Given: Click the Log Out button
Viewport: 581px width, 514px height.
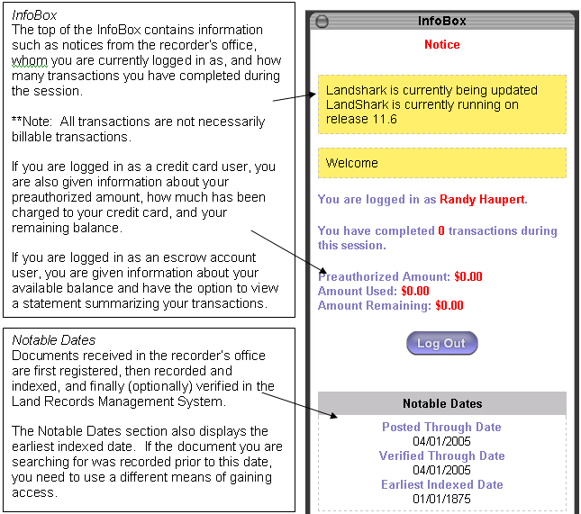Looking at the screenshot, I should tap(441, 343).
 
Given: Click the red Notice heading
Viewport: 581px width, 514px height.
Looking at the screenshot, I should tap(441, 44).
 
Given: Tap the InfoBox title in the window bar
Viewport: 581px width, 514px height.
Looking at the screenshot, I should tap(441, 21).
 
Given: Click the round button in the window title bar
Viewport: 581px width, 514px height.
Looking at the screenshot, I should tap(322, 21).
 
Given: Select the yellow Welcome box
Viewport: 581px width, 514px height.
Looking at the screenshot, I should tap(441, 163).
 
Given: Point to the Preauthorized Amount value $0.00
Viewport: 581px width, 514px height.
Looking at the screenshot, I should tap(468, 276).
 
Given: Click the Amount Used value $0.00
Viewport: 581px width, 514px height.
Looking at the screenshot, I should tap(415, 291).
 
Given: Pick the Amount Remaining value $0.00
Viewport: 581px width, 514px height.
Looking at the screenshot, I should tap(449, 305).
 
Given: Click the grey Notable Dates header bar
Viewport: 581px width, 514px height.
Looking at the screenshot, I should tap(441, 403).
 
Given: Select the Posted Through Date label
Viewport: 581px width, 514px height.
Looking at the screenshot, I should tap(441, 427).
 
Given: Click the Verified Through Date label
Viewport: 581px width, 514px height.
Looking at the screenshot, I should tap(441, 455).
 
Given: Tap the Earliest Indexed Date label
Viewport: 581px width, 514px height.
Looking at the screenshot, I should tap(441, 484).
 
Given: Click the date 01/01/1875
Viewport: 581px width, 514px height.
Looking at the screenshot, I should tap(441, 499).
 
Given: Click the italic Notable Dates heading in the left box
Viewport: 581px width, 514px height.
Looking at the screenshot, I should tap(54, 340).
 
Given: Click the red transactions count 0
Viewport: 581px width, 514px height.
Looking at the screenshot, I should tap(441, 230).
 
